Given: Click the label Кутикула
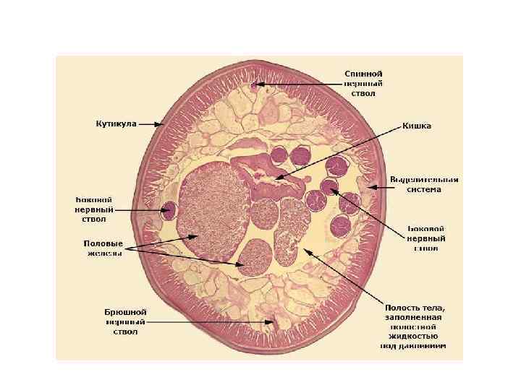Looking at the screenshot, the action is coord(116,123).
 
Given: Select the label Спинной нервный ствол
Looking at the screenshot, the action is coord(363,83).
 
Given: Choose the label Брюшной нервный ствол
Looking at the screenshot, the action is coord(125,321).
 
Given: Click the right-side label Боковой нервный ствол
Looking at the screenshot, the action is coord(425,238).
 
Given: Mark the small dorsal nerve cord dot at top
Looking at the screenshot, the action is coord(253,84).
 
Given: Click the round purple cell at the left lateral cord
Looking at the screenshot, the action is coord(169,211).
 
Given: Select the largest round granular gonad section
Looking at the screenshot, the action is coord(213,209).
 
